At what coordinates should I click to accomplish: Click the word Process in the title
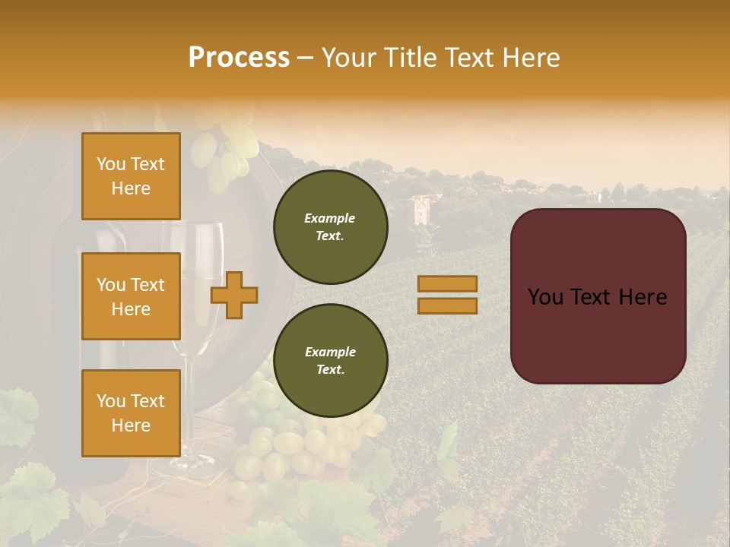click(239, 58)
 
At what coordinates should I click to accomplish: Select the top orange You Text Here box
click(131, 176)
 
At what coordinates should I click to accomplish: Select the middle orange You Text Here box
click(131, 296)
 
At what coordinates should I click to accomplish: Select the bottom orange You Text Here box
click(131, 413)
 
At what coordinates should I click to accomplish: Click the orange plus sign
click(234, 296)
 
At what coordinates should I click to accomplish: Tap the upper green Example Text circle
click(331, 227)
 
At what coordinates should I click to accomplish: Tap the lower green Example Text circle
click(331, 361)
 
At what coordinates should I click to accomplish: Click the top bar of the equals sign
click(447, 283)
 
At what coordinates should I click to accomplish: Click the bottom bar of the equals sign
click(447, 305)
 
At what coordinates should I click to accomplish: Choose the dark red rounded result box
click(598, 296)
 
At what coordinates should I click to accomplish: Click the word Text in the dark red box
click(597, 297)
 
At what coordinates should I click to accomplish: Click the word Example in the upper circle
click(330, 218)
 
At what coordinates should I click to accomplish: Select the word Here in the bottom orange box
click(131, 425)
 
